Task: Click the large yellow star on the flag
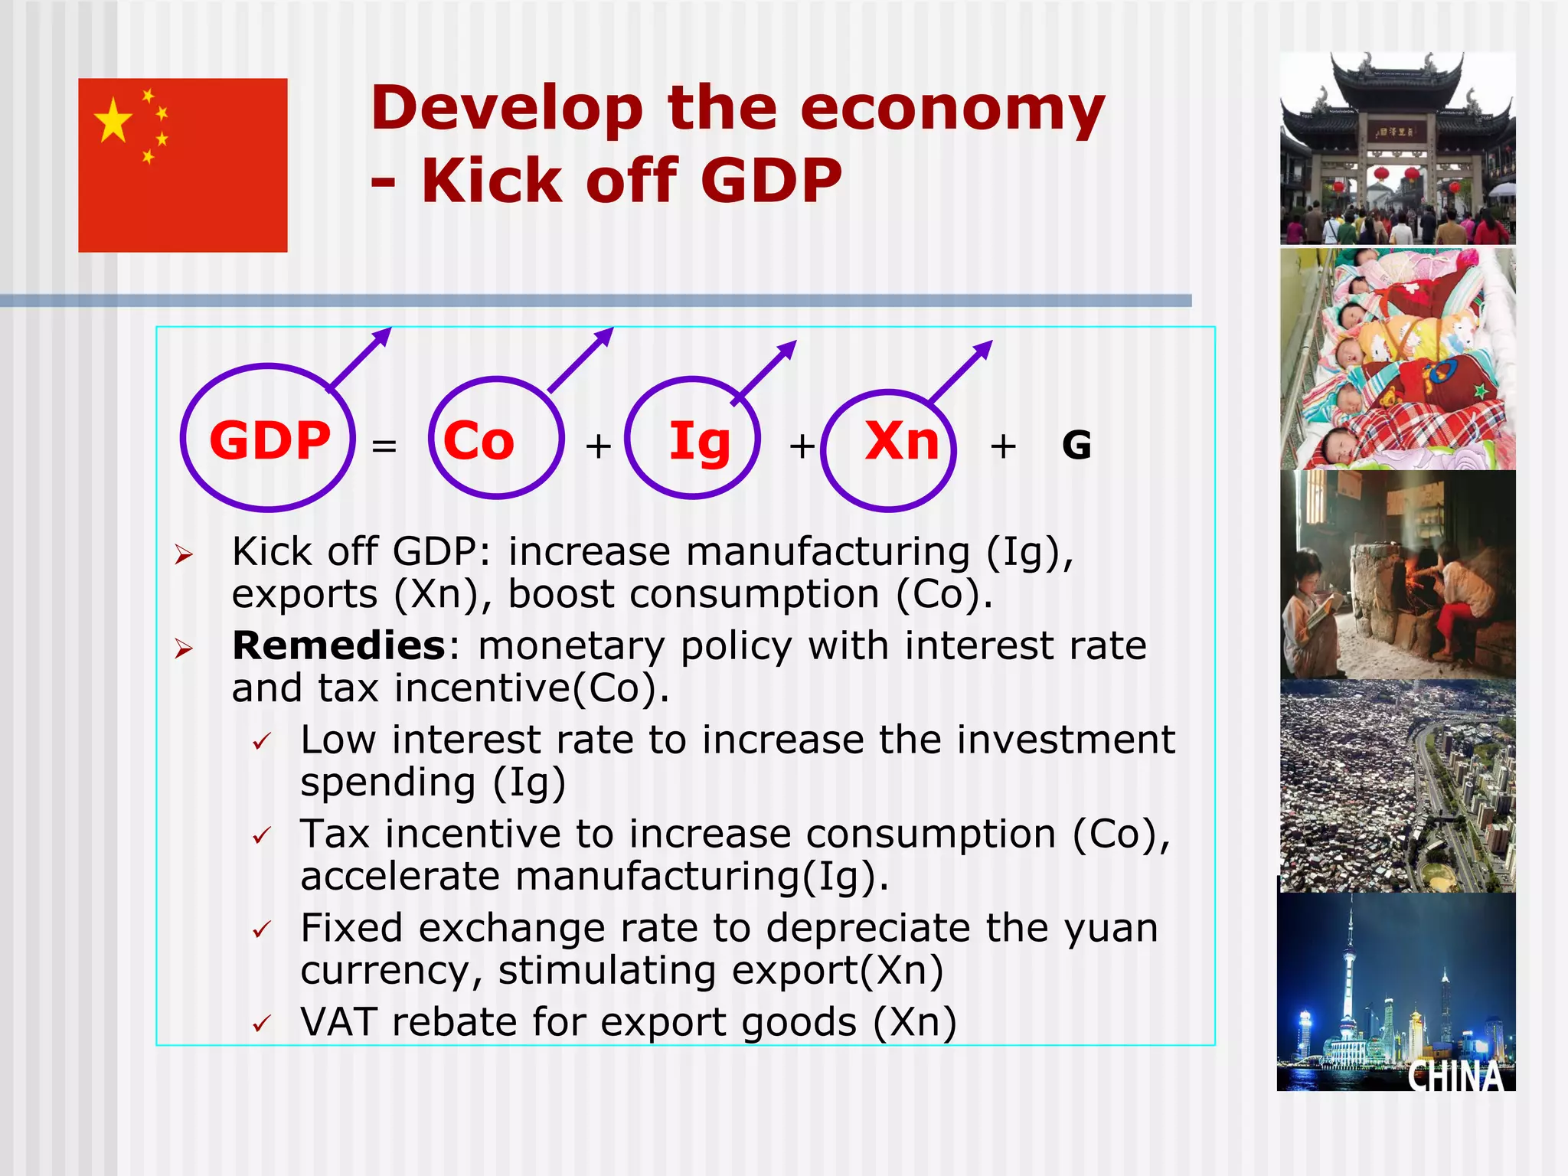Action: (113, 120)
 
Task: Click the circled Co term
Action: (479, 442)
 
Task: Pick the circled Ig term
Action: (699, 442)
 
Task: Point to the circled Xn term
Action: (902, 442)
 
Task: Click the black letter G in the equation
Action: (1076, 446)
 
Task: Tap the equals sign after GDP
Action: (384, 446)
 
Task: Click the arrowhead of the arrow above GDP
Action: (382, 336)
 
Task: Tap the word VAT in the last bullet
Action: (338, 1021)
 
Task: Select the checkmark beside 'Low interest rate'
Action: (262, 741)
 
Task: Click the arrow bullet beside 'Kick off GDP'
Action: (183, 554)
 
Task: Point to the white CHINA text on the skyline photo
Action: (1455, 1076)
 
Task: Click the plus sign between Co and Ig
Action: (598, 446)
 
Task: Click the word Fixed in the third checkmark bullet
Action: (351, 928)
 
